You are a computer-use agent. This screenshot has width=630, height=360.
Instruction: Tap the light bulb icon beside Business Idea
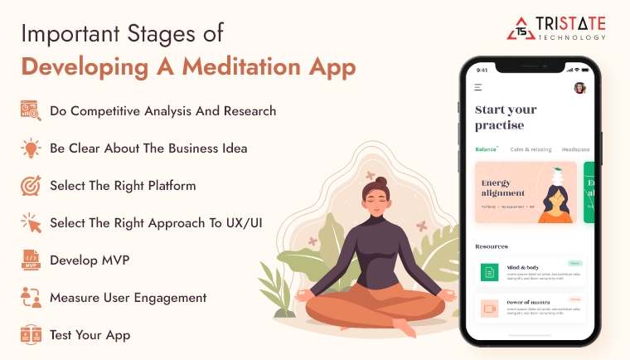point(31,148)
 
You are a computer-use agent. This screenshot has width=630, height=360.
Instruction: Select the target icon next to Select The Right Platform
point(31,186)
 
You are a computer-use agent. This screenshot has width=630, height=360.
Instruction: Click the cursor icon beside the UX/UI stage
point(31,223)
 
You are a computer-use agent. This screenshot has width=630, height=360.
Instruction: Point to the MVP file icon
point(31,260)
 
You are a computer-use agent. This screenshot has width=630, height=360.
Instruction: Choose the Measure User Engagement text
point(128,298)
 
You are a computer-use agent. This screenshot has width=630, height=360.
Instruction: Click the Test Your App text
point(90,335)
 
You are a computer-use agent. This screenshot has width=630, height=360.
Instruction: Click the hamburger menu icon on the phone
point(478,87)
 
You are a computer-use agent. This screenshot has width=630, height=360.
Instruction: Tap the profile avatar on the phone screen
point(579,87)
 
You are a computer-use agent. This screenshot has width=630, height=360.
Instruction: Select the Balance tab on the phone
point(486,149)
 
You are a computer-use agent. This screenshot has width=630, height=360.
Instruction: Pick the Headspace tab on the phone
point(575,149)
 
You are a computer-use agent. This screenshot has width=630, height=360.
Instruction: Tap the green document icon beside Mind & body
point(490,272)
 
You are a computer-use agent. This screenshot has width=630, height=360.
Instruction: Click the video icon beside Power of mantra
point(490,309)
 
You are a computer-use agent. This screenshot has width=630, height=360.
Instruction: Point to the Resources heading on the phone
point(492,246)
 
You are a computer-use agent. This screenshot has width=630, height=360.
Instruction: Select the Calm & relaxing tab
point(530,149)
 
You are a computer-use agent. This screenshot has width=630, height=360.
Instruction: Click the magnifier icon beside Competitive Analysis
point(31,111)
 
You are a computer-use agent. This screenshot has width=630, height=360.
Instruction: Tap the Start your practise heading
point(506,117)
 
